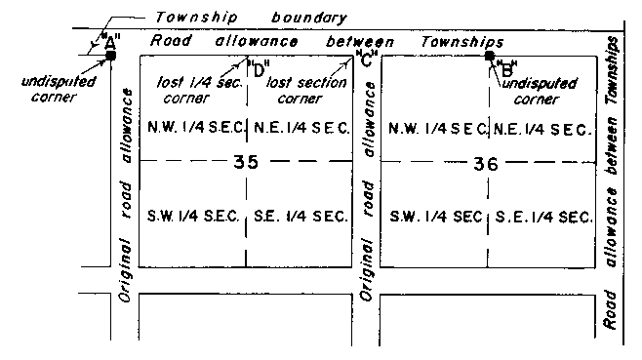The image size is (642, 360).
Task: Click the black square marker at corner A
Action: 110,56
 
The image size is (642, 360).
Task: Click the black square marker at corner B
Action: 490,56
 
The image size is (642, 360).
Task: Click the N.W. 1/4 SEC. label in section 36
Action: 436,129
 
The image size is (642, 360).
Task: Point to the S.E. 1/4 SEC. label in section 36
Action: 542,216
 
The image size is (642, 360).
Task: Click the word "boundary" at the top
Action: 294,18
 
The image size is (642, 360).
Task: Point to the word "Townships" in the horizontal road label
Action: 461,42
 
